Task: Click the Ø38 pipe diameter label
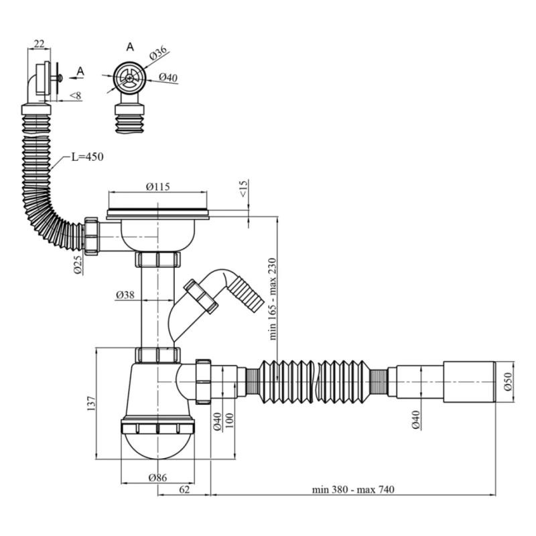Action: point(126,294)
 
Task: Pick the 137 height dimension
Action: point(92,403)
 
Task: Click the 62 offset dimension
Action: point(184,490)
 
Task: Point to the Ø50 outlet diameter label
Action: point(508,382)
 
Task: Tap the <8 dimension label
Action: point(75,96)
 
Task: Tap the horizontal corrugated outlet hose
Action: point(315,380)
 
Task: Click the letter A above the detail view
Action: point(130,46)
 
